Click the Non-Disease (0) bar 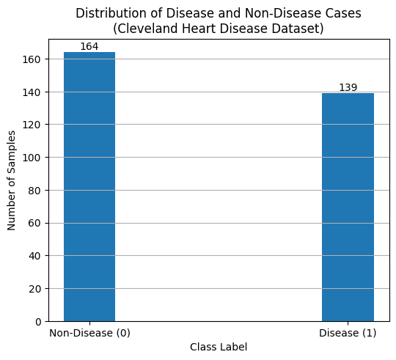coord(89,187)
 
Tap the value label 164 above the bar coord(89,46)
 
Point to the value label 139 coord(348,87)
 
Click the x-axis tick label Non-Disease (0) coord(89,334)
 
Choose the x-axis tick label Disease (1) coord(348,334)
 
